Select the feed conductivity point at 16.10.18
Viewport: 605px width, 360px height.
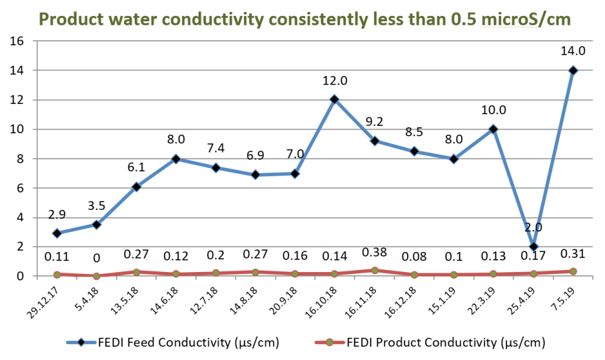(x=334, y=99)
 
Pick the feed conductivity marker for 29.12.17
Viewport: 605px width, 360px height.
(x=57, y=233)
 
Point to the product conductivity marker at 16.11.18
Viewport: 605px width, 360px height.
(x=375, y=270)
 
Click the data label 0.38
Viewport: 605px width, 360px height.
(x=374, y=252)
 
